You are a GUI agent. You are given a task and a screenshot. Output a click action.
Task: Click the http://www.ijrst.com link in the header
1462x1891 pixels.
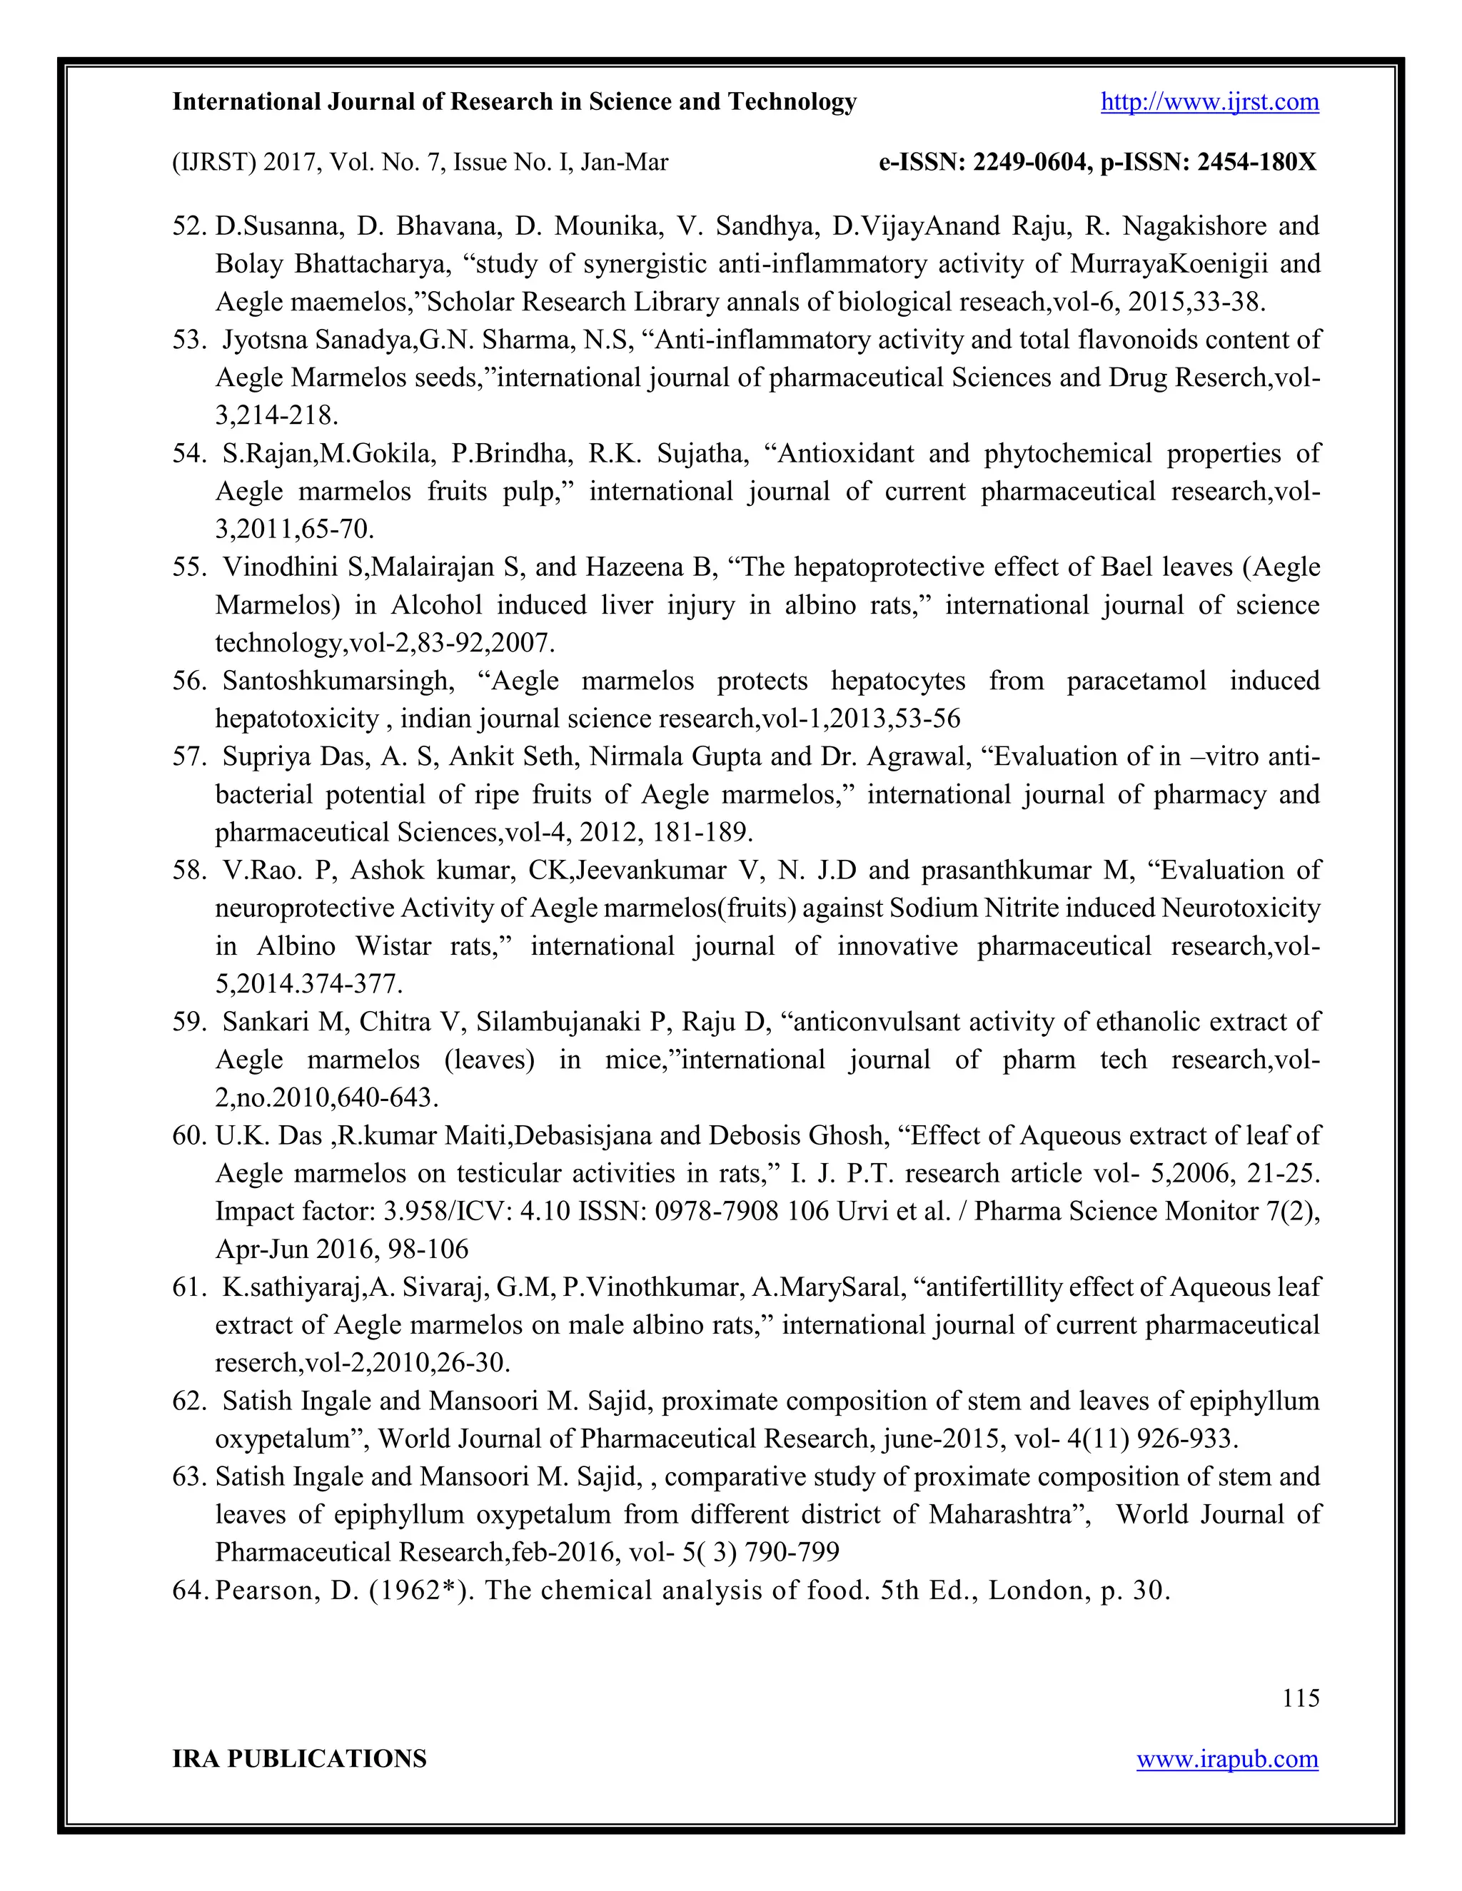(x=1209, y=102)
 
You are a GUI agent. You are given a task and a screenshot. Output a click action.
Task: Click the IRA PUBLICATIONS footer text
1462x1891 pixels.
(x=300, y=1760)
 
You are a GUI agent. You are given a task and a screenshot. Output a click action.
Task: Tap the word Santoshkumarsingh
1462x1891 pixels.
(x=338, y=681)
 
